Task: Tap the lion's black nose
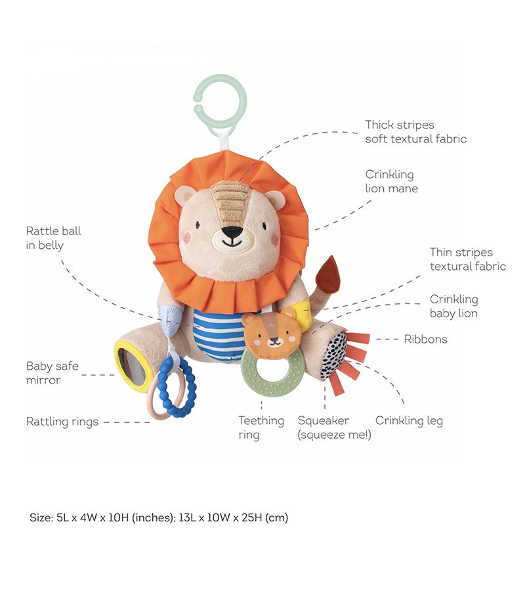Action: click(x=231, y=232)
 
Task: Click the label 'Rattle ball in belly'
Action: click(x=54, y=238)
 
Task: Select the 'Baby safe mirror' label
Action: click(x=52, y=373)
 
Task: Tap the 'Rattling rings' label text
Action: click(x=62, y=422)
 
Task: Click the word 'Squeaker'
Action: click(x=324, y=420)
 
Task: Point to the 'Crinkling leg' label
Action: click(x=409, y=421)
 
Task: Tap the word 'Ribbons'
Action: click(x=426, y=339)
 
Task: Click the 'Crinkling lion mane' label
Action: click(x=392, y=181)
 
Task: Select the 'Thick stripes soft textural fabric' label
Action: click(x=416, y=131)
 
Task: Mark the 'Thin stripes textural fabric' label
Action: click(x=468, y=259)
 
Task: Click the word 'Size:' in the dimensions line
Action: click(x=40, y=517)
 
